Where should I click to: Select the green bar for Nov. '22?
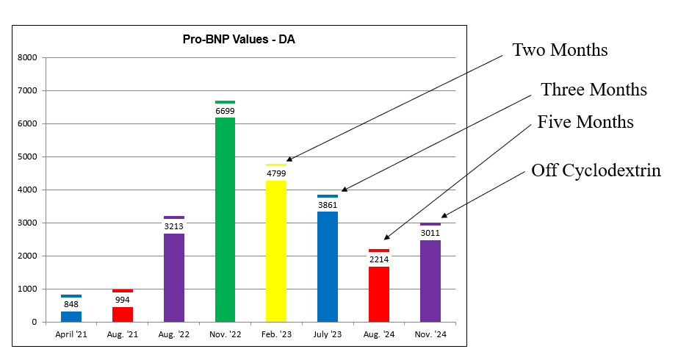225,220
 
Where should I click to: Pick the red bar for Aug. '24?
379,294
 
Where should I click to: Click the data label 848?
71,304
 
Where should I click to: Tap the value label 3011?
430,233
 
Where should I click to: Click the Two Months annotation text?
560,50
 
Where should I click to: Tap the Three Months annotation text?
594,90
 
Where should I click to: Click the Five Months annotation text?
585,121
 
